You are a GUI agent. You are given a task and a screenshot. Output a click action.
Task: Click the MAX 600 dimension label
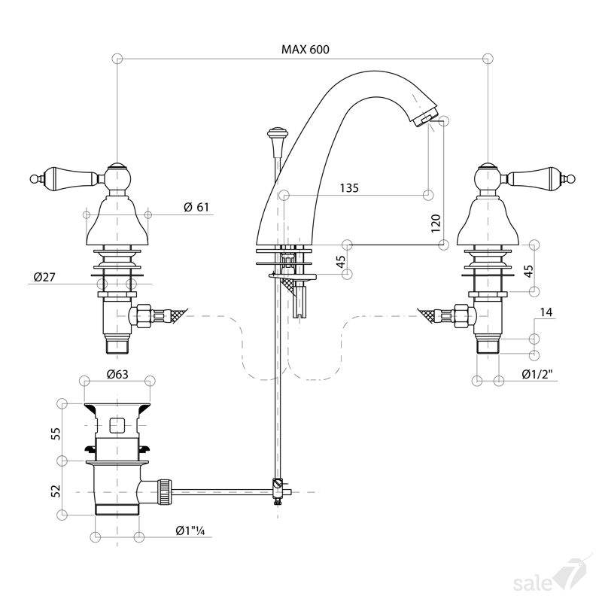(x=306, y=50)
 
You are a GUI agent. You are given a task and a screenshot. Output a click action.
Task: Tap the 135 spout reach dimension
(x=349, y=187)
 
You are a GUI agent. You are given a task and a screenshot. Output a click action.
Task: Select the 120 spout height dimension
(x=436, y=223)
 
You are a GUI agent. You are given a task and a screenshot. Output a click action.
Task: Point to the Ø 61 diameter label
(x=196, y=207)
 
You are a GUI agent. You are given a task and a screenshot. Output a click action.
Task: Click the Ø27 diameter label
(x=44, y=277)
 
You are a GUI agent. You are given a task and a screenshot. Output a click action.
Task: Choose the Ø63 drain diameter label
(x=117, y=373)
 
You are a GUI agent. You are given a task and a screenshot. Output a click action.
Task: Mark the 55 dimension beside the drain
(x=56, y=434)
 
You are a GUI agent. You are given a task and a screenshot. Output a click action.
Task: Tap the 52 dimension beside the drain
(x=56, y=491)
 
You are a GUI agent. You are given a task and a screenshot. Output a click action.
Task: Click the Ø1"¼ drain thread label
(x=190, y=531)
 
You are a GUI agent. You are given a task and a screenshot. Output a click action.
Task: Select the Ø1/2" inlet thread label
(x=540, y=374)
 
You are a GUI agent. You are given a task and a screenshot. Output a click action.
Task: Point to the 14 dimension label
(x=546, y=312)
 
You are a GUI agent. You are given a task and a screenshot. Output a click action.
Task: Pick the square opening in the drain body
(x=117, y=425)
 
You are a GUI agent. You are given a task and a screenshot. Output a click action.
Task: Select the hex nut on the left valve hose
(x=144, y=316)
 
